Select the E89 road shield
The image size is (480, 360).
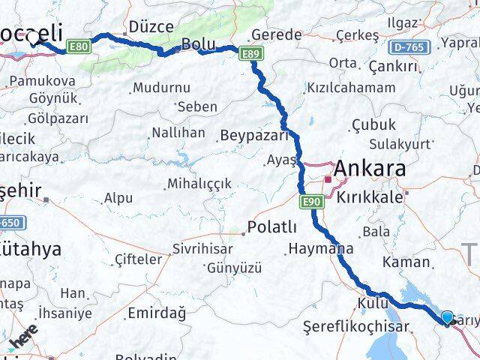(x=250, y=52)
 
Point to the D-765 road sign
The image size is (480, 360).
(x=408, y=46)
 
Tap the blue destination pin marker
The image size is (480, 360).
(x=448, y=318)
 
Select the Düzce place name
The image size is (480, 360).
(x=151, y=27)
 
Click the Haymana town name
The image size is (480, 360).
(x=320, y=248)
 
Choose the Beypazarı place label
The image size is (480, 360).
(x=254, y=136)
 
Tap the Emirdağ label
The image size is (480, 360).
(x=157, y=312)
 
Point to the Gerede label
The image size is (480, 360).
(x=277, y=34)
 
